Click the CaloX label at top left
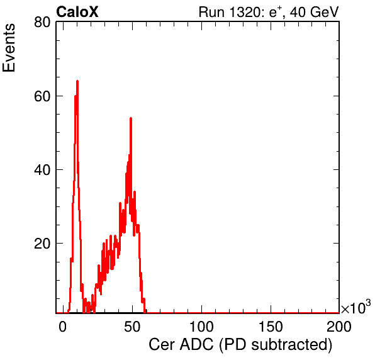77,12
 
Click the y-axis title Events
9,48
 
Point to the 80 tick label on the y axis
42,23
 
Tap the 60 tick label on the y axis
42,96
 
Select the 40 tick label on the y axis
42,170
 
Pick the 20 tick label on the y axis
42,244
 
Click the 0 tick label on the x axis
63,326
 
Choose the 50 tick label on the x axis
132,326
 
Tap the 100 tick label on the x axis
201,326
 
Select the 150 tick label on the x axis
271,326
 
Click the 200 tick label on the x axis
339,326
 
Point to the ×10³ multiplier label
356,307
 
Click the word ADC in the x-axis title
196,344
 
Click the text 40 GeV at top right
314,12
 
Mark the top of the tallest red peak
77,81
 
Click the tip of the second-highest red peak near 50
131,118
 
